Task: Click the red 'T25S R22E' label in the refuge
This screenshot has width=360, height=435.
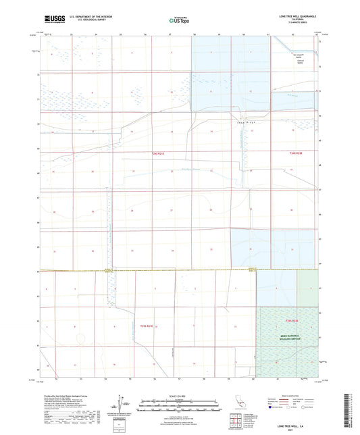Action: click(291, 321)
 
